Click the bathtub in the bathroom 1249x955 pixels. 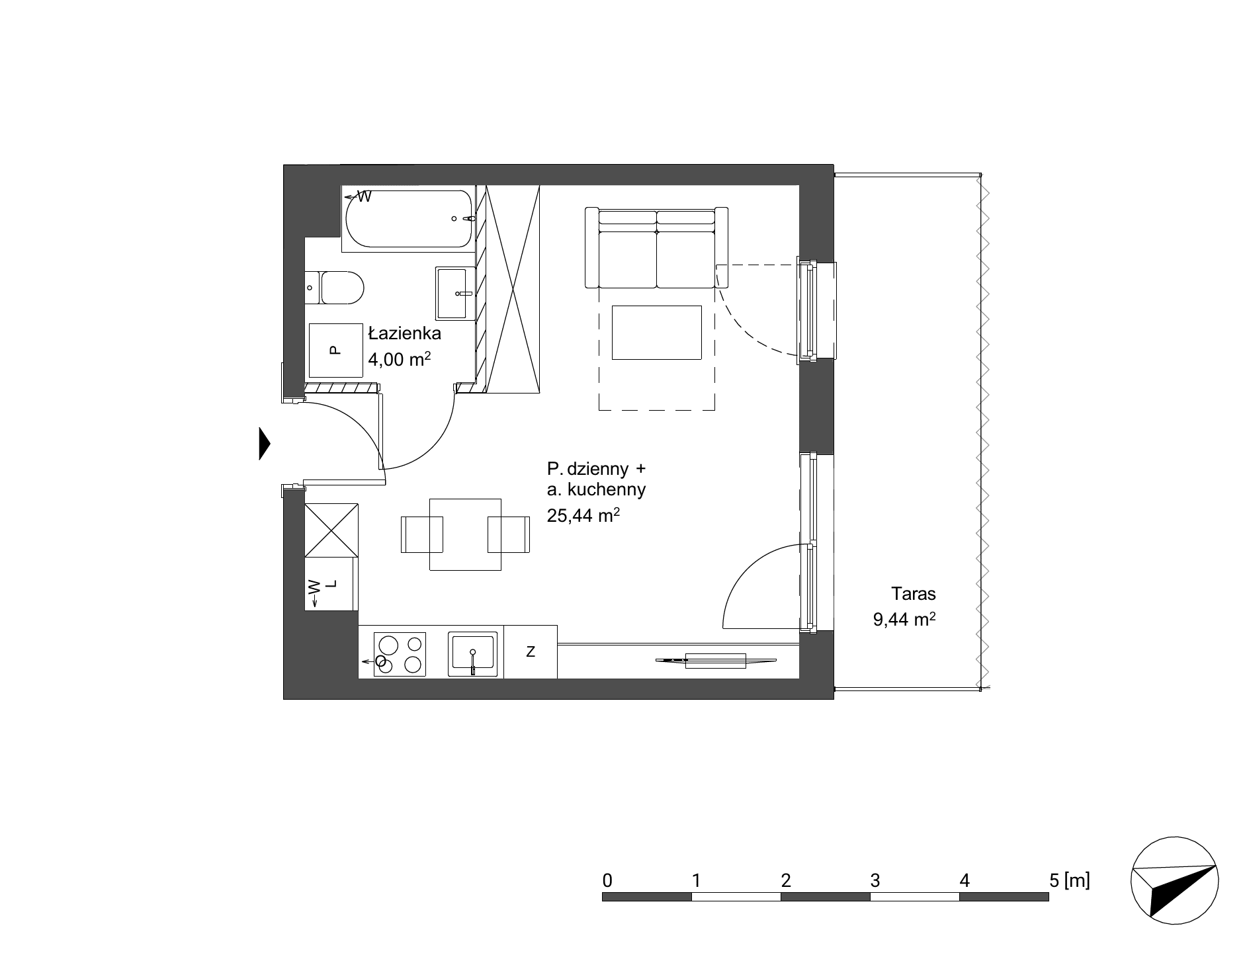point(409,219)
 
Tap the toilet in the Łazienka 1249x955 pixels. point(335,288)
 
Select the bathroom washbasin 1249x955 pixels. point(456,293)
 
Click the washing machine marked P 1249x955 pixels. point(337,350)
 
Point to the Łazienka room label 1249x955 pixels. point(405,333)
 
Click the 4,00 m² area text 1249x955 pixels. point(400,359)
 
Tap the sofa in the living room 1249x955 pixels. point(656,247)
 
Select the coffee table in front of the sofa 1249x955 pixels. point(656,333)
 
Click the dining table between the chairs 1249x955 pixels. point(465,534)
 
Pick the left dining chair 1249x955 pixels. point(421,534)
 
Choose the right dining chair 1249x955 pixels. point(509,534)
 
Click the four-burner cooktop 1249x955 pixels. point(400,655)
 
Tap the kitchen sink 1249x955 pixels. point(472,654)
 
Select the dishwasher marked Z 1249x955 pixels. point(531,651)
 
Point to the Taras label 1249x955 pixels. point(913,594)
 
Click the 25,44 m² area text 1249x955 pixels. point(583,515)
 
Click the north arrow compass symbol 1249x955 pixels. point(1175,880)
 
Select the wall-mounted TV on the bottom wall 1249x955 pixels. point(716,660)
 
